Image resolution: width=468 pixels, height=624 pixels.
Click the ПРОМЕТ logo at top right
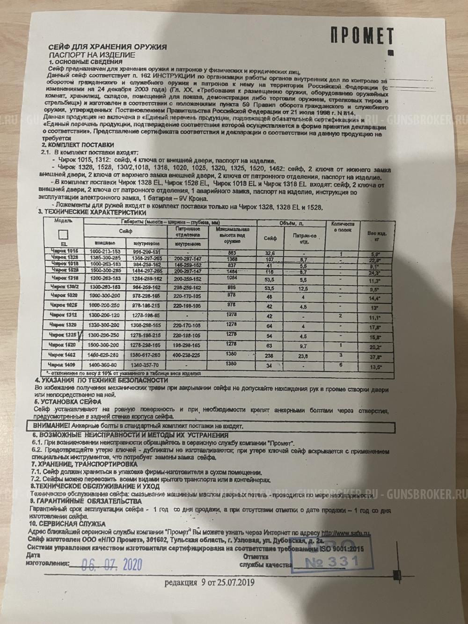pos(362,36)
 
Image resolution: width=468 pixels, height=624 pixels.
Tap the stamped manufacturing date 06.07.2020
pos(112,564)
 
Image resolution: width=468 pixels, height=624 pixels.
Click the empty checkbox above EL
pos(64,235)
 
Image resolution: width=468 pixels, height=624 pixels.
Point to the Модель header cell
pos(63,220)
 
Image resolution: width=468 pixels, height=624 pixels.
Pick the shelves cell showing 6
pos(341,365)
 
